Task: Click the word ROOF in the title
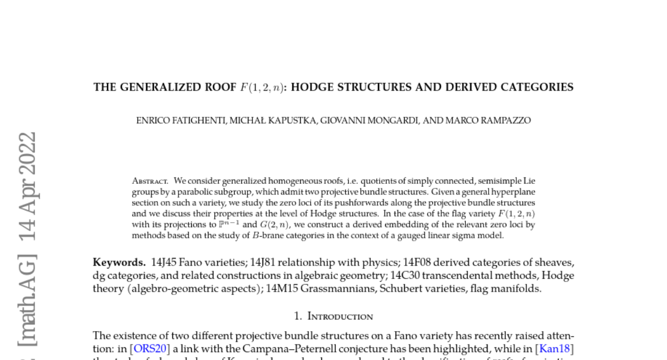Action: [x=220, y=87]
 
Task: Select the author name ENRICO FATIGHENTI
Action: [x=181, y=121]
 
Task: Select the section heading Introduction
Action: [x=340, y=317]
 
